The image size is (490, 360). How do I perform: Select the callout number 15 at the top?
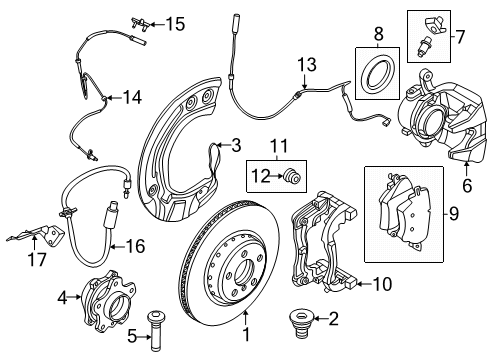click(x=175, y=22)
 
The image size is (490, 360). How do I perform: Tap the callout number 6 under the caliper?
click(x=466, y=185)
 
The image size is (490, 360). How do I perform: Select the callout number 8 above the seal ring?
click(x=378, y=34)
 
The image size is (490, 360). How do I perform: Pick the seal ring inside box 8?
click(x=379, y=74)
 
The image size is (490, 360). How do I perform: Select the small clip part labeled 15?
click(x=142, y=22)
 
